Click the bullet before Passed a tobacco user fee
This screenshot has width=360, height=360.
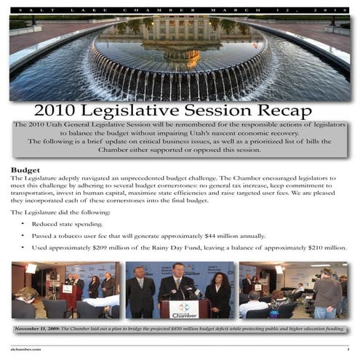click(x=23, y=236)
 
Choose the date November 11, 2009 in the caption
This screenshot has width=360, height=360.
click(x=42, y=329)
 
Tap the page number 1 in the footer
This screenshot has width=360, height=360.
click(x=348, y=349)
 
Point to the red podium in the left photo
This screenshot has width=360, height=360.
click(x=71, y=295)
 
